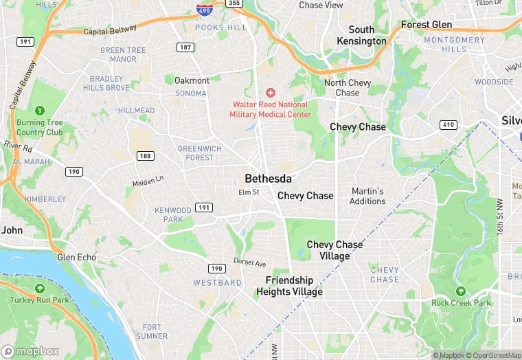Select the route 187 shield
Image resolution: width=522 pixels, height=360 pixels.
click(x=184, y=47)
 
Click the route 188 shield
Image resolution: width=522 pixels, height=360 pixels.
click(x=145, y=156)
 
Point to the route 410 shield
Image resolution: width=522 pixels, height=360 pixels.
click(x=449, y=124)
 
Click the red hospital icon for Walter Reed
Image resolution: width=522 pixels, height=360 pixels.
click(x=270, y=92)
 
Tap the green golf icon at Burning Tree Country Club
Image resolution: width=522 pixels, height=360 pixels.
click(x=40, y=110)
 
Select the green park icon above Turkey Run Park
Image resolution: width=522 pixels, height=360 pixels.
click(x=40, y=289)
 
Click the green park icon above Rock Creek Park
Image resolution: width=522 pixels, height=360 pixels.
click(x=461, y=291)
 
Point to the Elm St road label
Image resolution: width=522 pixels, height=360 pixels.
click(x=248, y=192)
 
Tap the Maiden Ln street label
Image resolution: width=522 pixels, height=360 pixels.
click(x=148, y=181)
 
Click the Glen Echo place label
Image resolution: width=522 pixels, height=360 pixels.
click(x=76, y=257)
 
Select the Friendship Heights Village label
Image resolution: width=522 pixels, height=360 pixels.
click(x=289, y=286)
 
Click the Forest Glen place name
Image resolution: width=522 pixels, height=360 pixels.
click(x=426, y=25)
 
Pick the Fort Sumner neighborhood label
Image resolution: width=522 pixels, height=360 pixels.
click(x=152, y=332)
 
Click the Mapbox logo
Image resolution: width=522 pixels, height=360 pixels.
click(x=31, y=351)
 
